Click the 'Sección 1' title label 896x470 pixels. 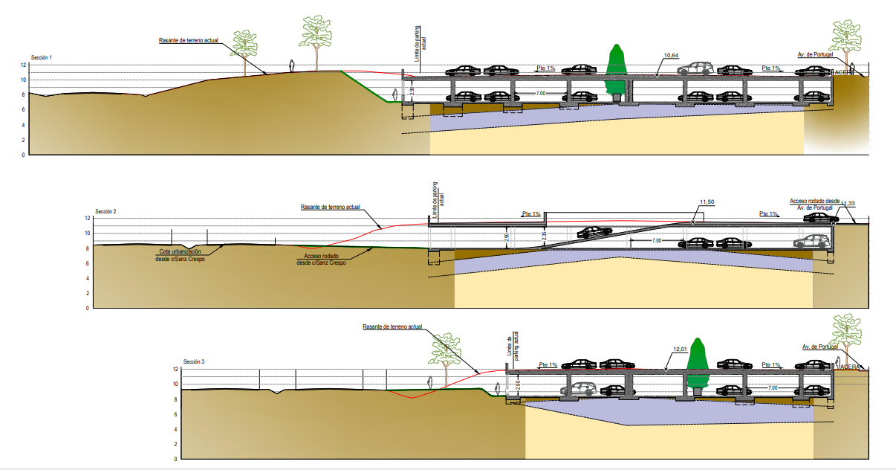click(42, 57)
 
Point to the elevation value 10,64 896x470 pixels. click(671, 56)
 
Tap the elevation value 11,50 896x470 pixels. click(707, 202)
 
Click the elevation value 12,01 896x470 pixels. click(680, 349)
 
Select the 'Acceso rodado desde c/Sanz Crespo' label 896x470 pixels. click(321, 259)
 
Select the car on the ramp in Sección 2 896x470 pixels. click(594, 233)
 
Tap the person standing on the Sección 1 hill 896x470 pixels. click(292, 65)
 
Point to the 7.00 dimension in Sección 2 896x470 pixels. click(656, 241)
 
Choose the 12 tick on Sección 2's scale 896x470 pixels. click(87, 219)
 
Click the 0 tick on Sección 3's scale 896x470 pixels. click(175, 459)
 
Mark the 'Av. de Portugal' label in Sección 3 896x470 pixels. click(819, 347)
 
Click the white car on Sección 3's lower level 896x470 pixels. click(579, 389)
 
